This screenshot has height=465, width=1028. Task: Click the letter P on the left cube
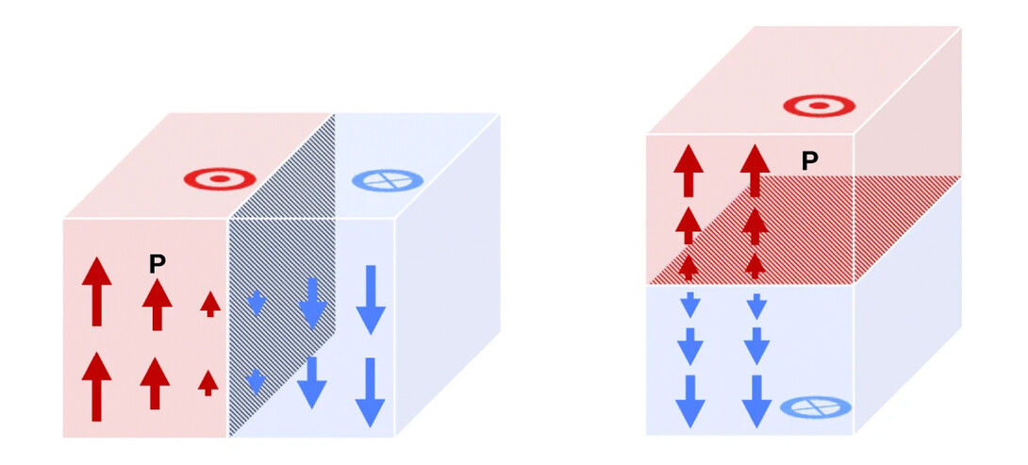click(x=158, y=264)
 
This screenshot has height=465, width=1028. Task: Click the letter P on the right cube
click(x=809, y=161)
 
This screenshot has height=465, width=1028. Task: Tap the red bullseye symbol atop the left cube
click(x=220, y=177)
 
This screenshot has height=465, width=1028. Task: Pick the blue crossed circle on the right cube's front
click(x=816, y=407)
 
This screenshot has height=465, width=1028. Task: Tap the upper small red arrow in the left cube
click(x=209, y=303)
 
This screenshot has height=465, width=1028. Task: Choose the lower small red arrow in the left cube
click(x=208, y=381)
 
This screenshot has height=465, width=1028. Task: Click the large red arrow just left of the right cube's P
click(x=754, y=171)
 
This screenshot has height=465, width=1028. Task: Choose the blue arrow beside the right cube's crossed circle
click(x=756, y=401)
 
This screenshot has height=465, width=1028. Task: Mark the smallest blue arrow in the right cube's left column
click(x=689, y=305)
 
